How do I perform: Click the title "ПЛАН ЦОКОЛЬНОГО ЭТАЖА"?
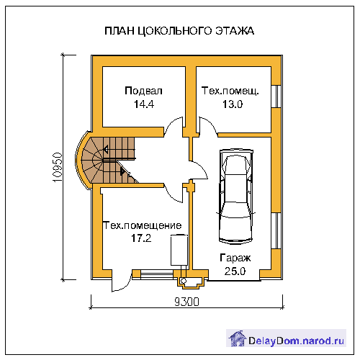pyautogui.click(x=179, y=31)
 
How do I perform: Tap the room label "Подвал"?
pyautogui.click(x=143, y=91)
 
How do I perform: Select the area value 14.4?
pyautogui.click(x=144, y=104)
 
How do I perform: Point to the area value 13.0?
pyautogui.click(x=233, y=104)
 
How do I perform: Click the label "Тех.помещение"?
pyautogui.click(x=143, y=225)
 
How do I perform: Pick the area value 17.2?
pyautogui.click(x=141, y=238)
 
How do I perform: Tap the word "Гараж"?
pyautogui.click(x=235, y=258)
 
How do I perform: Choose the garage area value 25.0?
pyautogui.click(x=235, y=271)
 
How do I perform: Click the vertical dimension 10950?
pyautogui.click(x=58, y=167)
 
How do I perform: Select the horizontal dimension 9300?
pyautogui.click(x=186, y=302)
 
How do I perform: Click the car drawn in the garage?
pyautogui.click(x=236, y=197)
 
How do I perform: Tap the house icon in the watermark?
pyautogui.click(x=238, y=338)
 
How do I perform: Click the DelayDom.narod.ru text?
pyautogui.click(x=296, y=341)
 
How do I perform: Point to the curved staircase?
pyautogui.click(x=107, y=160)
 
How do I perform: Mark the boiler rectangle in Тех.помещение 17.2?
pyautogui.click(x=179, y=250)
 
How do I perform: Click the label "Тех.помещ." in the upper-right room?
pyautogui.click(x=230, y=91)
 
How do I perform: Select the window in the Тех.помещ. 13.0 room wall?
pyautogui.click(x=276, y=96)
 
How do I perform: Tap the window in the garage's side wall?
pyautogui.click(x=276, y=230)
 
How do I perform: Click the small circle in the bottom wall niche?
pyautogui.click(x=184, y=281)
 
